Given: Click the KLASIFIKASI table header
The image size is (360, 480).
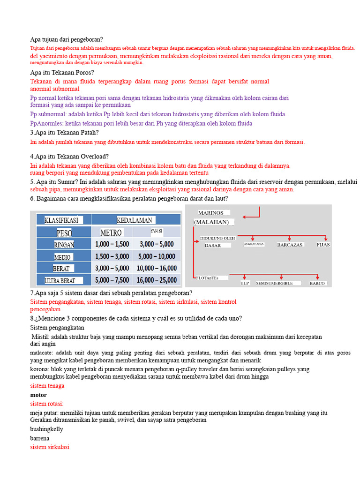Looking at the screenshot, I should pos(61,220).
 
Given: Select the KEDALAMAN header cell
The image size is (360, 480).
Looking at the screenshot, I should pos(135,220).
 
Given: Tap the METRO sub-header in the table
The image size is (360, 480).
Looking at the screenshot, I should pos(111,232).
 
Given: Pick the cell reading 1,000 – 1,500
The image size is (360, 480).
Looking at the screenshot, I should pos(112,244).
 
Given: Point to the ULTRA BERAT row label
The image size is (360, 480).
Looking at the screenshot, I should pos(60,280).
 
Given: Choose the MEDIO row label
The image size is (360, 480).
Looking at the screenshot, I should pos(62,257).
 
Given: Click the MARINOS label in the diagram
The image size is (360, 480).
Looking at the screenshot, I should pos(211,213).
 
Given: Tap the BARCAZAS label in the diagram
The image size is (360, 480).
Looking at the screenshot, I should pos(290,245).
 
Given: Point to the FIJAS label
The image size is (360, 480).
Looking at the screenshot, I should pos(323,245).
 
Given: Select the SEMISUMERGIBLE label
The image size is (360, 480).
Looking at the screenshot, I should pos(274,283).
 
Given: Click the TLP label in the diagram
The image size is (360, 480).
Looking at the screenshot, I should pos(245,283).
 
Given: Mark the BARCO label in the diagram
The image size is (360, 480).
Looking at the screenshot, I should pos(317,283).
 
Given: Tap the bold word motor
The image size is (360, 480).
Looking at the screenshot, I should pos(38,395).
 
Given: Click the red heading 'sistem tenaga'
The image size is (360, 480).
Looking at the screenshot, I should pos(47,386).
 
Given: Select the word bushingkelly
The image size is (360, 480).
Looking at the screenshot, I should pos(46,429).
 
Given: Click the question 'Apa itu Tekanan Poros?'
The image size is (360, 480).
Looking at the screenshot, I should pos(62,73).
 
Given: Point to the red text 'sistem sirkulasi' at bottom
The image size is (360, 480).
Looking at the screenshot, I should pos(49,447).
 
